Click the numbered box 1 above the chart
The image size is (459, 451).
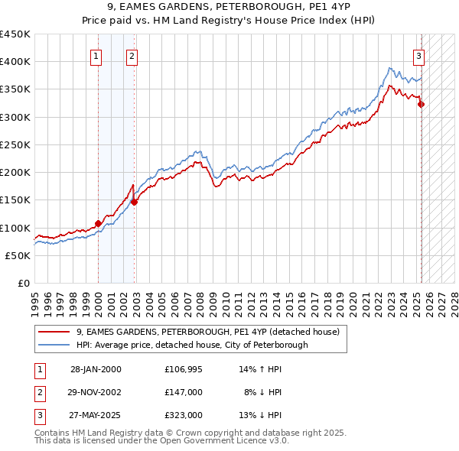pyautogui.click(x=96, y=55)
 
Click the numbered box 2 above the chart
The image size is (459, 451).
pyautogui.click(x=132, y=55)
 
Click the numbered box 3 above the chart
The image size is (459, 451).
pyautogui.click(x=419, y=55)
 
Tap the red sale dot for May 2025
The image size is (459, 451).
pyautogui.click(x=422, y=105)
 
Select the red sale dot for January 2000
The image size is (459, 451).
pyautogui.click(x=99, y=223)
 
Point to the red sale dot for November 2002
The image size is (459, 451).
pyautogui.click(x=135, y=202)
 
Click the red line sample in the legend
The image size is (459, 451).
pyautogui.click(x=55, y=332)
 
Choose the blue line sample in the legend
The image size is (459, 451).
pyautogui.click(x=55, y=345)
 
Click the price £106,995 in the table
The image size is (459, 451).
pyautogui.click(x=184, y=369)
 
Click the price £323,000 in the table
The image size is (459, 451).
pyautogui.click(x=184, y=415)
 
